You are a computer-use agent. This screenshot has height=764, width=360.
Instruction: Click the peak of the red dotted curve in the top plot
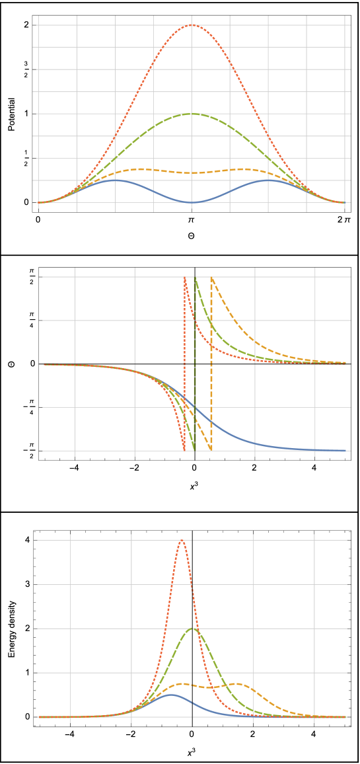coord(192,25)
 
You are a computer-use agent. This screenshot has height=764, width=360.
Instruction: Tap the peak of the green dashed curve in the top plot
coord(192,114)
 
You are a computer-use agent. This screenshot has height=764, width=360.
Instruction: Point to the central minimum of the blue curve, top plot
coord(192,202)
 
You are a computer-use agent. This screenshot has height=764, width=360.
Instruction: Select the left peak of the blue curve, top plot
coord(115,180)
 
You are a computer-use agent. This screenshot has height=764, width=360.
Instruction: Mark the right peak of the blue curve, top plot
coord(268,180)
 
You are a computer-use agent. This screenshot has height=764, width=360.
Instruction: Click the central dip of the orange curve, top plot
coord(192,172)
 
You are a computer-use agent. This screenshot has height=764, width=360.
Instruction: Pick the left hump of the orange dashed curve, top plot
coord(137,169)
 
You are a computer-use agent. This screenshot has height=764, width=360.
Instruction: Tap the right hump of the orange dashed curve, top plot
coord(246,169)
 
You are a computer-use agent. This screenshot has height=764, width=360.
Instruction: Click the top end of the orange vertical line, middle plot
coord(211,278)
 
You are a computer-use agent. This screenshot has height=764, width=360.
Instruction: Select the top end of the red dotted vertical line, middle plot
coord(184,278)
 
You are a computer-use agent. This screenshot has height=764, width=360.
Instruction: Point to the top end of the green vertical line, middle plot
coord(196,278)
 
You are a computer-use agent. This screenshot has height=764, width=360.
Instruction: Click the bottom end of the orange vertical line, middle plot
coord(211,450)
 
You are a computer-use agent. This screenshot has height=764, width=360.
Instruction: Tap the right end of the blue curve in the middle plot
coord(345,450)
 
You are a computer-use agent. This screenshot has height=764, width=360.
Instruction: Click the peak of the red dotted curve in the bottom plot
coord(182,540)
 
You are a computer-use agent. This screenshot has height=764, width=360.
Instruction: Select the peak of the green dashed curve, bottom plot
coord(193,628)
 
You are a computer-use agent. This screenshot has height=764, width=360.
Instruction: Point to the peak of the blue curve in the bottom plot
coord(170,695)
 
